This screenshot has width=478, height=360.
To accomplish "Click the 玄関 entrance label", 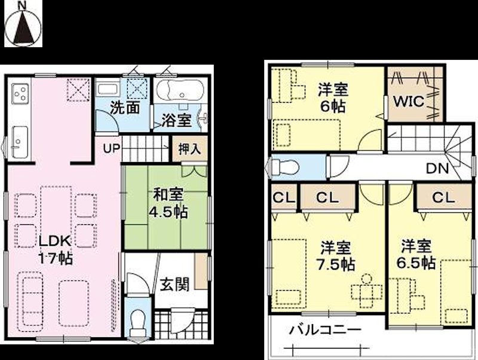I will click(x=174, y=283).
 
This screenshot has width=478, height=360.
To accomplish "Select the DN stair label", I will click(x=437, y=169).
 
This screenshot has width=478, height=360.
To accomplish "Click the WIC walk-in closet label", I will click(x=408, y=102).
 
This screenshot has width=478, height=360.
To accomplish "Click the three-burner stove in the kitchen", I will click(x=20, y=94).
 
